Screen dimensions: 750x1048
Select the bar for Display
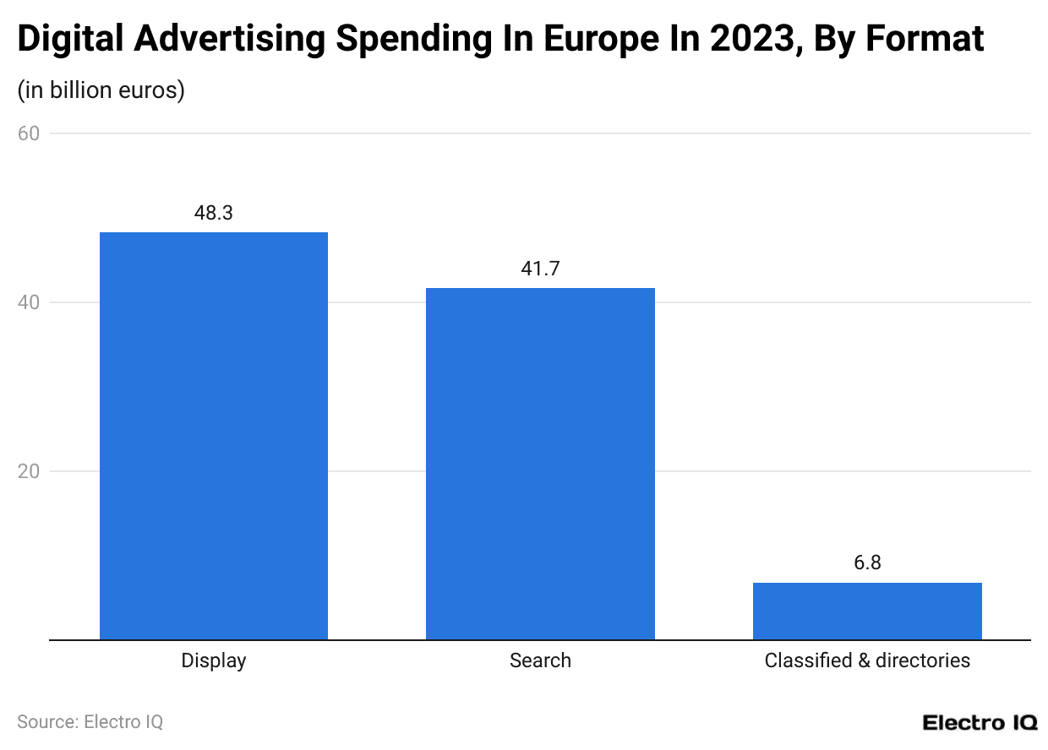coord(214,436)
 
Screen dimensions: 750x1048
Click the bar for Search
coord(540,464)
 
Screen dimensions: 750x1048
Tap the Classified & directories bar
coord(867,611)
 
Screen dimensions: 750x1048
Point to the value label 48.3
coord(214,213)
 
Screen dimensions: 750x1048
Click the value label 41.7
coord(540,269)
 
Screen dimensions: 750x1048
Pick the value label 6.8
coord(867,563)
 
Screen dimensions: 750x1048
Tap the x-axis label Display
coord(214,660)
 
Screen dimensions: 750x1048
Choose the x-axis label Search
coord(540,660)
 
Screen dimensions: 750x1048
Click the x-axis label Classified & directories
coord(867,660)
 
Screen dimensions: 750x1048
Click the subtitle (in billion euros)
coord(101,90)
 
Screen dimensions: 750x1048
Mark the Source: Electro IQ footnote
coord(90,722)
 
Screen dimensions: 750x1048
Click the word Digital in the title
coord(70,39)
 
